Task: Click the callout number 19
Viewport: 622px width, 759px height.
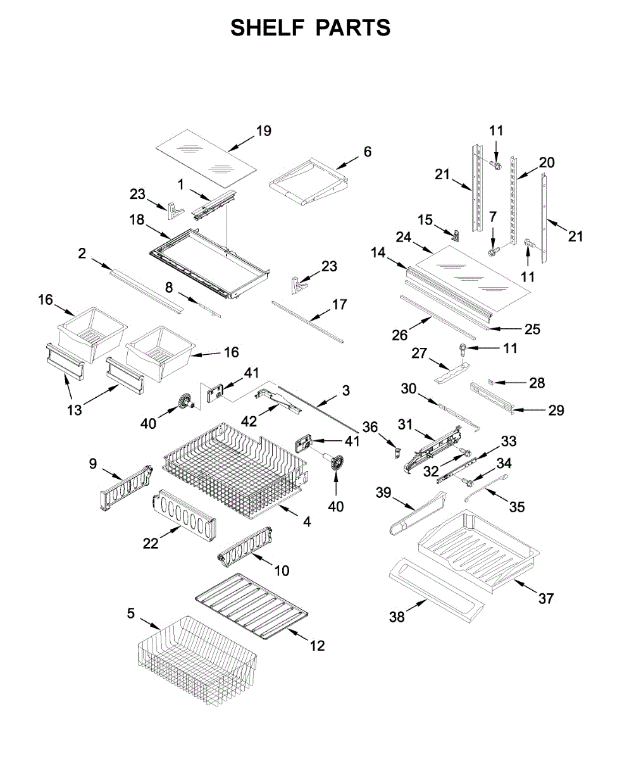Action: tap(263, 131)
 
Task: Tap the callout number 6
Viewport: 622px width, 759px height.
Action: tap(367, 152)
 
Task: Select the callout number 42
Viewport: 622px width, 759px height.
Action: tap(249, 421)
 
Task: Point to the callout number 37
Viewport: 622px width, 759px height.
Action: tap(545, 598)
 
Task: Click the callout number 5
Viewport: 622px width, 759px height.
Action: tap(130, 614)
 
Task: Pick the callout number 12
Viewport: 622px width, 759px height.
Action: tap(317, 646)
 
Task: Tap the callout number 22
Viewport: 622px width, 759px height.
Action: tap(151, 543)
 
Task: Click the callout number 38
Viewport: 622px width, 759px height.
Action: tap(397, 617)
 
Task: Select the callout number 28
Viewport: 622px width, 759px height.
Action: tap(537, 383)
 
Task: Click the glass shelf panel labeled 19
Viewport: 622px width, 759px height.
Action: tap(207, 159)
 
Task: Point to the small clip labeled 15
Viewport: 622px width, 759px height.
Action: tap(457, 236)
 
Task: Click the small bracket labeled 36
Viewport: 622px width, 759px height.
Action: tap(397, 453)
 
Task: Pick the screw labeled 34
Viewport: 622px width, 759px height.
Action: tap(466, 481)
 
